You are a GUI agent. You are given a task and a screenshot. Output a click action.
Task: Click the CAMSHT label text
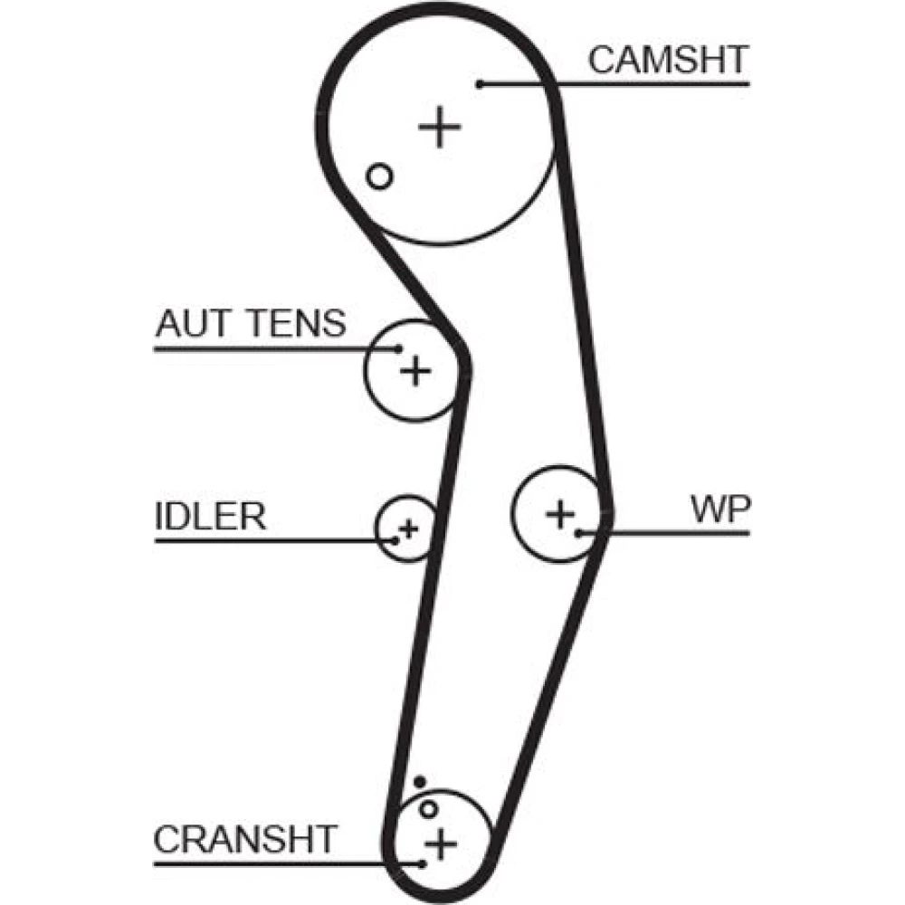point(668,60)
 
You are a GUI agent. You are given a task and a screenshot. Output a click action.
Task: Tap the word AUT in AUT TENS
point(189,323)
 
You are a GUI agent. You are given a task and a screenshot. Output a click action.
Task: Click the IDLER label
point(210,517)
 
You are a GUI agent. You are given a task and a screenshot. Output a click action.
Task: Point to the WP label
point(720,510)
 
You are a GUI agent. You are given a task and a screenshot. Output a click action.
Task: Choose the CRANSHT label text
point(244,839)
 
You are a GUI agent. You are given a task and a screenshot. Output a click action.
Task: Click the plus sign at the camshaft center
point(440,127)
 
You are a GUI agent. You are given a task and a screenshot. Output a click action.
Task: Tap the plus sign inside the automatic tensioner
point(415,369)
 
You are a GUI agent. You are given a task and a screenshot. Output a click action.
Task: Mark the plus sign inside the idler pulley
point(409,527)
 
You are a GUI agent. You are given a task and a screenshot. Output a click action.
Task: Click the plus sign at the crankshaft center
point(441,844)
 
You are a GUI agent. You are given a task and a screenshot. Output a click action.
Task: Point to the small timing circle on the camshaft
point(381,176)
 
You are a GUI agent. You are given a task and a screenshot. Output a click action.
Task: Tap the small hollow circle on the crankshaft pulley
point(429,808)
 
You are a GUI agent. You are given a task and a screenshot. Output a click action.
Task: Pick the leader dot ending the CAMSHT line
point(481,84)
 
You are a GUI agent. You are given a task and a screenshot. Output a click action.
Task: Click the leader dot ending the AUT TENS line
point(398,348)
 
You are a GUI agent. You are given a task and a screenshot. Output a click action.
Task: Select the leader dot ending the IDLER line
point(395,541)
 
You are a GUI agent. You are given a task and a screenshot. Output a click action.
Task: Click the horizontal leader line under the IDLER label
point(271,541)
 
